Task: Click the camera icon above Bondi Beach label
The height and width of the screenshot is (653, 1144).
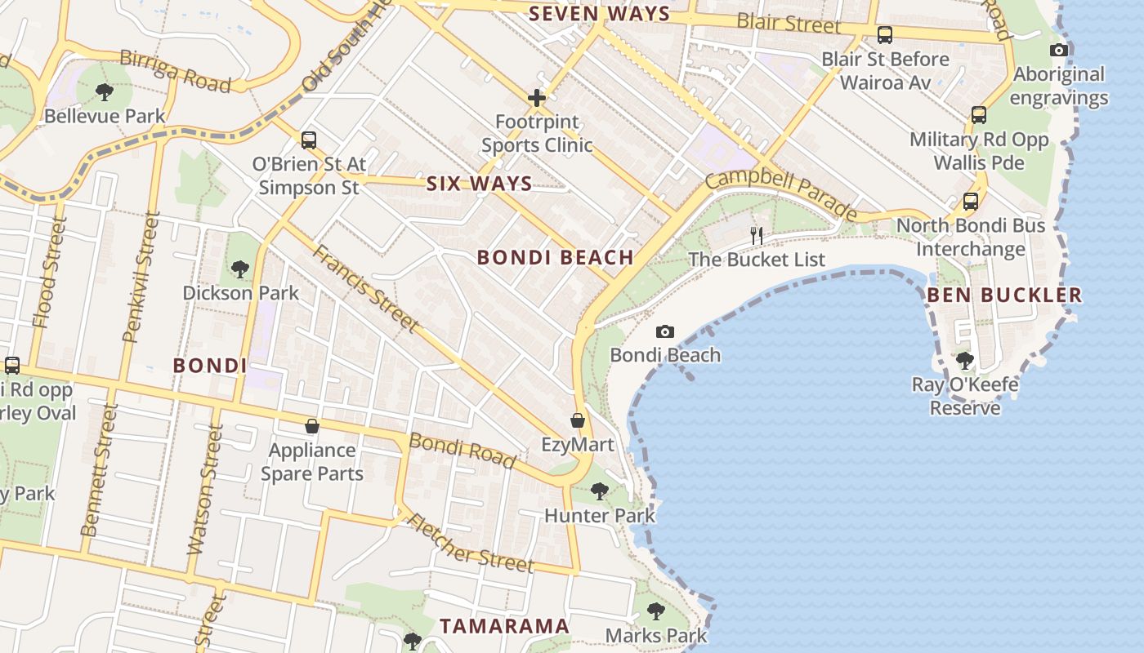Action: (665, 331)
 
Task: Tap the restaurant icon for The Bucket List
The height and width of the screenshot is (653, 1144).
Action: (757, 236)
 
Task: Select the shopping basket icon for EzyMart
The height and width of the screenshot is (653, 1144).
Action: (578, 420)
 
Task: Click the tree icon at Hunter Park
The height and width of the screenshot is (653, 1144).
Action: (600, 491)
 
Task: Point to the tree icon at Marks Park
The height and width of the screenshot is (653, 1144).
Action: (655, 611)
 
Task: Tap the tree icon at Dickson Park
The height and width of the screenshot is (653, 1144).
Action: (239, 269)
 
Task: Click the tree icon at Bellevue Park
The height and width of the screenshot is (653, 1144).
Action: (104, 91)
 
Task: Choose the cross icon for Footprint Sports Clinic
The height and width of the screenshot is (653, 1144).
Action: (536, 98)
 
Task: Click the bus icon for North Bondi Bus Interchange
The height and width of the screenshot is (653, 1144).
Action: (971, 201)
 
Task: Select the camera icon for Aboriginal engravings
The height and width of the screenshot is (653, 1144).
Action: (1059, 50)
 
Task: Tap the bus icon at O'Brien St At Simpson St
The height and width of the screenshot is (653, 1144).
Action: (308, 140)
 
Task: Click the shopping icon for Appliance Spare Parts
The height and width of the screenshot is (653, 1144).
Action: (311, 425)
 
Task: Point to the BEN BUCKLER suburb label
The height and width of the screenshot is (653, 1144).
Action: (1004, 295)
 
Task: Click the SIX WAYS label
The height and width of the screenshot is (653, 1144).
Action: (479, 184)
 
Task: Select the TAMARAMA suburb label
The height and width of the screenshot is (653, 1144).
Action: (504, 626)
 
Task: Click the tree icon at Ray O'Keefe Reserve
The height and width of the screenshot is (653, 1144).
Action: (964, 359)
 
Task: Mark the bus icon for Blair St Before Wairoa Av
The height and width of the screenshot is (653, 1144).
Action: (885, 35)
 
